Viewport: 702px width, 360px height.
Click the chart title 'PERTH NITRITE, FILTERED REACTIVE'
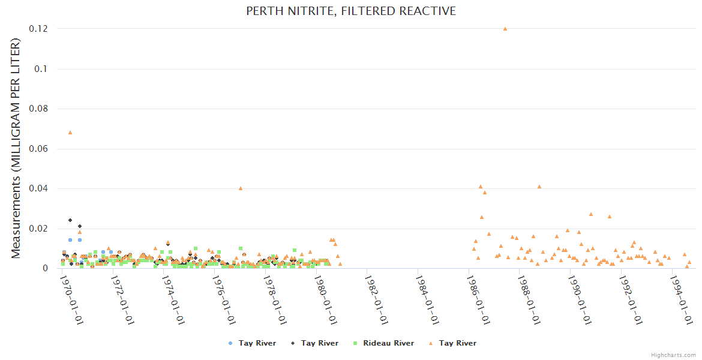click(351, 11)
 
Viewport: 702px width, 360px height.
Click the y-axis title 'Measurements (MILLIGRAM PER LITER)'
click(16, 148)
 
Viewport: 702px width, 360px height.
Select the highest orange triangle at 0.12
click(505, 28)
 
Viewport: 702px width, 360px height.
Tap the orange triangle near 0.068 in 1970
click(70, 132)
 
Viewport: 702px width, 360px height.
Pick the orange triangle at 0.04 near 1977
click(240, 188)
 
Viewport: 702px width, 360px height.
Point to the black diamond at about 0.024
click(70, 220)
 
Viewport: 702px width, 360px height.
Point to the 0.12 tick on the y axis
click(40, 29)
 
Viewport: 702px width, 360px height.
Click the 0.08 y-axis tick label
click(40, 109)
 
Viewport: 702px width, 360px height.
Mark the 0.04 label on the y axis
click(40, 188)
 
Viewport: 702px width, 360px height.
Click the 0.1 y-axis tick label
click(43, 69)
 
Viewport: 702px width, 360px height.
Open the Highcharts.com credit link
click(673, 355)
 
